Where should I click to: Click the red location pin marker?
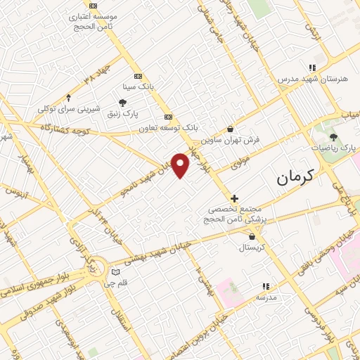pos(181,165)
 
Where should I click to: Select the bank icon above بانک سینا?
pos(137,76)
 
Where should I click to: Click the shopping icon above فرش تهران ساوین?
pos(231,129)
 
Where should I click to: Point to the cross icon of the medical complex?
pos(234,199)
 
